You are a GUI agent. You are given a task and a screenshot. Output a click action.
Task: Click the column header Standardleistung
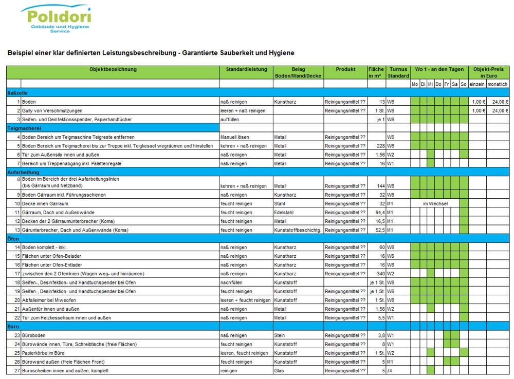246,69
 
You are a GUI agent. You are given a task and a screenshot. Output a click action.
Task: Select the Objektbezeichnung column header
113,69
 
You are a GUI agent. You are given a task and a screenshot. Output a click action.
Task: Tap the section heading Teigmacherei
24,128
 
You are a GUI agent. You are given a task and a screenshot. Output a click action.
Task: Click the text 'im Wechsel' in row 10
435,204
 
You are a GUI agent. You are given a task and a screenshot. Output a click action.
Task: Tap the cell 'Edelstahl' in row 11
285,213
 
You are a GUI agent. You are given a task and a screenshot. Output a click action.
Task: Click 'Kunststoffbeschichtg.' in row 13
298,230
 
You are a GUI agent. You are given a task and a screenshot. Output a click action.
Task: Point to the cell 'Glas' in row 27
280,370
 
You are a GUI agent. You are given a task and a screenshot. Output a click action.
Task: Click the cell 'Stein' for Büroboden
280,335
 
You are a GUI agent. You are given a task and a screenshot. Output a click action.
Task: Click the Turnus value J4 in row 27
390,370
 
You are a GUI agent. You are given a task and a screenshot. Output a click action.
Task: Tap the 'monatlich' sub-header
497,84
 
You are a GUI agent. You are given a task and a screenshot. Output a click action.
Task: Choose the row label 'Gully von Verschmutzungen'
52,111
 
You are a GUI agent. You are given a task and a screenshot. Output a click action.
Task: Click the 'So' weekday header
464,84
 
